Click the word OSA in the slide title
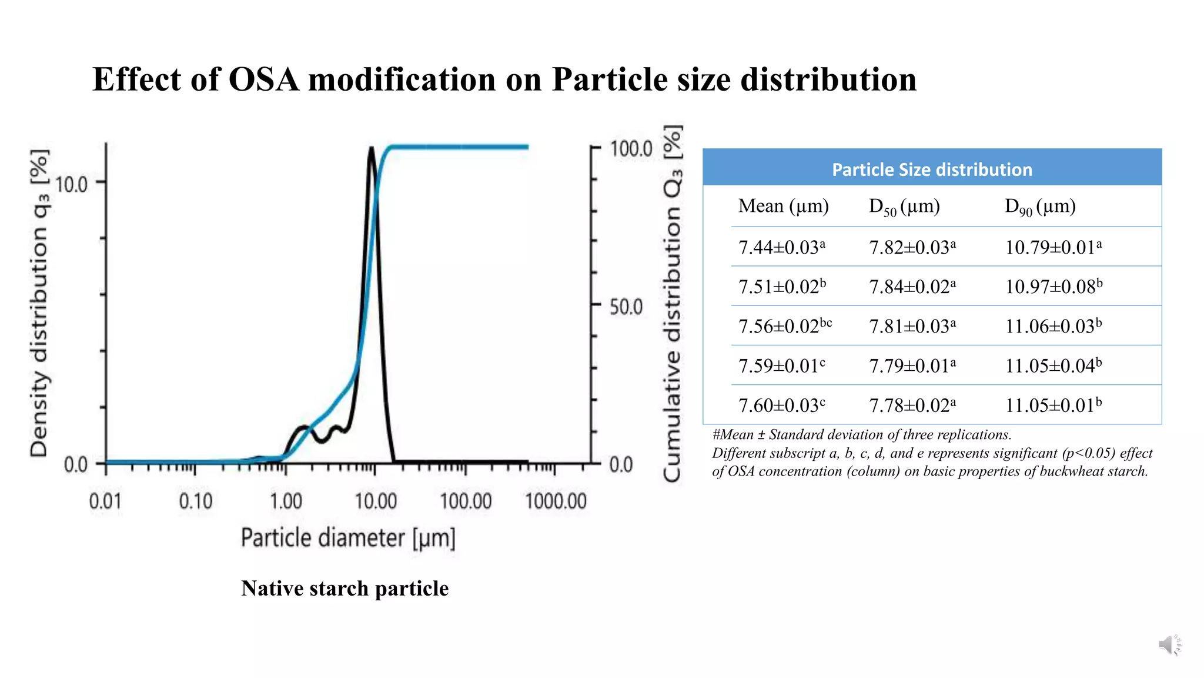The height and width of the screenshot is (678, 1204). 263,79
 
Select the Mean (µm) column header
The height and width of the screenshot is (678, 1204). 783,206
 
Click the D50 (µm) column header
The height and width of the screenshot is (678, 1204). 904,207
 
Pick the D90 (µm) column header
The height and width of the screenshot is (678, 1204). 1040,207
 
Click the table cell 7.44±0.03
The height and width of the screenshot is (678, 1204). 781,247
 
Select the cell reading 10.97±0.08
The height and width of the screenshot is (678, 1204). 1053,287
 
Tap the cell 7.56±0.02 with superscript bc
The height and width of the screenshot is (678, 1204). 784,326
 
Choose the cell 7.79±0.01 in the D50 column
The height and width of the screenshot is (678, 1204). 912,366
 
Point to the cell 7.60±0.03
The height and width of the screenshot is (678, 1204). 781,406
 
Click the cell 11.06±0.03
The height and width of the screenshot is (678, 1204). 1053,326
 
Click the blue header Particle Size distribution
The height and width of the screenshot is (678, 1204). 932,169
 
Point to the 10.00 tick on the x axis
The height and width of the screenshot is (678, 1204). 376,501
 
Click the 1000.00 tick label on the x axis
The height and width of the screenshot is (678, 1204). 556,501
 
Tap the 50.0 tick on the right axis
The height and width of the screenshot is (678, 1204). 626,307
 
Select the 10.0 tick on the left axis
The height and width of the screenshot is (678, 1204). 71,185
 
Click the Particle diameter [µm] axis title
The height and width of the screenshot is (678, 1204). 348,538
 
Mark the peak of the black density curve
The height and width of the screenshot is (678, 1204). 371,148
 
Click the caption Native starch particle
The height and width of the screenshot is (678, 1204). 345,589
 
